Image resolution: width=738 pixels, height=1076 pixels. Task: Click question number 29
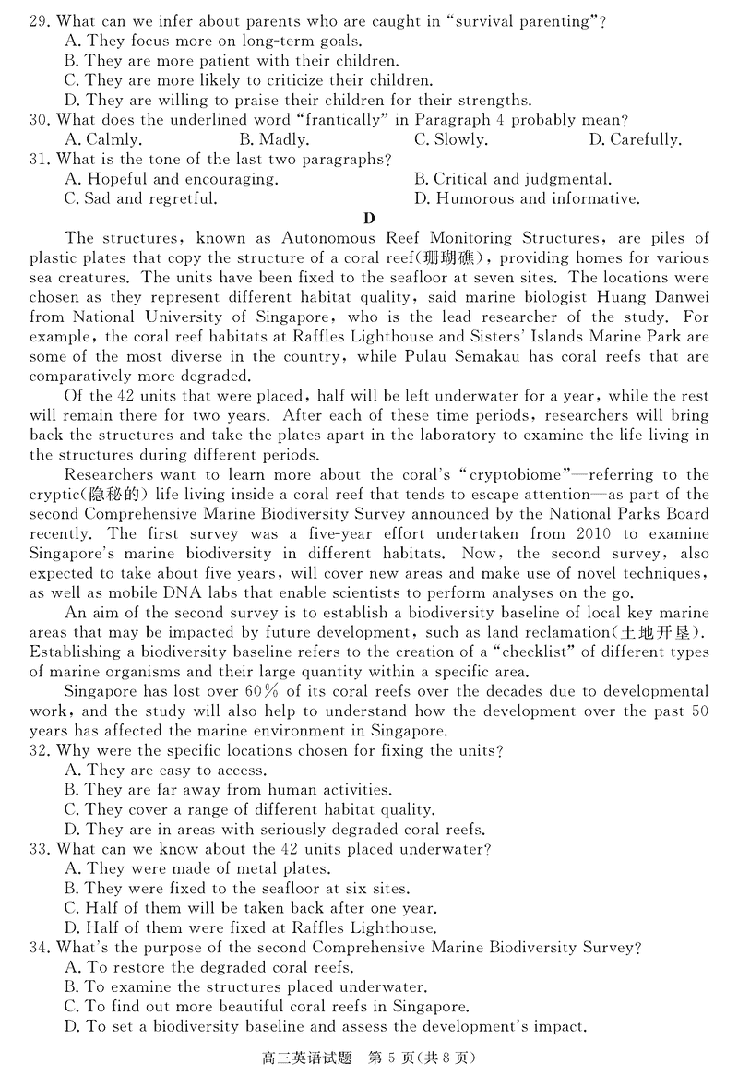pos(40,21)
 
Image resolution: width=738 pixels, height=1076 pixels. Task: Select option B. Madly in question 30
pos(274,140)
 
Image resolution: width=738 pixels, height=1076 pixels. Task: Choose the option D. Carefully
pos(634,140)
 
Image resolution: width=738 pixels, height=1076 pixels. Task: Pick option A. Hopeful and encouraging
pos(172,179)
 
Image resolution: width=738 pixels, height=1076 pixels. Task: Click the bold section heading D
pos(369,219)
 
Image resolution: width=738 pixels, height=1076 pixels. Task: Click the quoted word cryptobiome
pos(517,474)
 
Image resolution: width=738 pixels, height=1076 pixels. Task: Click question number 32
pos(40,751)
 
